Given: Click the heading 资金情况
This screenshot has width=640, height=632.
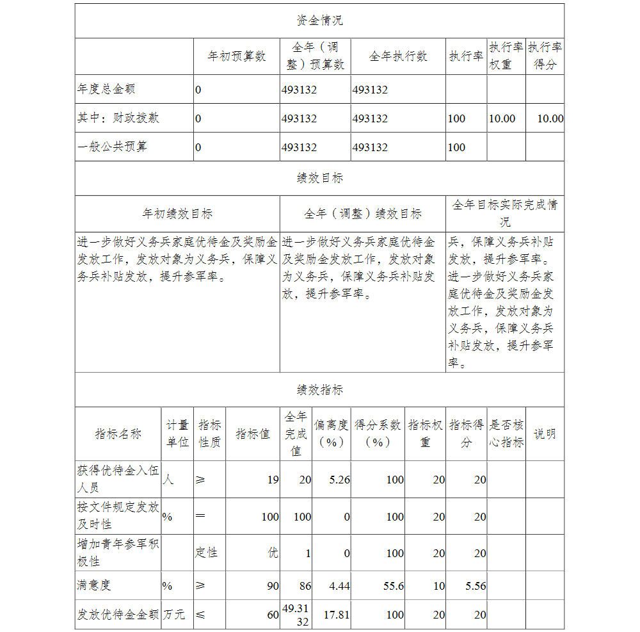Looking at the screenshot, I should tap(319, 20).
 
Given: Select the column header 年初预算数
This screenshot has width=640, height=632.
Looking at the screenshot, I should tap(237, 56).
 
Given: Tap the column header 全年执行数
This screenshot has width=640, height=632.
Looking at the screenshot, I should tap(398, 56).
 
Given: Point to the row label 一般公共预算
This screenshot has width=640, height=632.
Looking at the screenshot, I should tap(112, 147).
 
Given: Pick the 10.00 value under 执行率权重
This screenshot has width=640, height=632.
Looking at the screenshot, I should tap(502, 118).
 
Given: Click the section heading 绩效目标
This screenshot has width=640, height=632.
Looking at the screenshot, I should tap(319, 178).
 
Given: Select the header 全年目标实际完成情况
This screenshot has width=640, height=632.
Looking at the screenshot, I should tap(505, 213).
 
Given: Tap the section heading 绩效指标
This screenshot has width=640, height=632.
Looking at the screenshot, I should tap(319, 389).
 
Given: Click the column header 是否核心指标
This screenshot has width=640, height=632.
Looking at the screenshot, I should tap(506, 433).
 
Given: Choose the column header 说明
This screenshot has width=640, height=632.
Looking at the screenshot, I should tap(545, 433).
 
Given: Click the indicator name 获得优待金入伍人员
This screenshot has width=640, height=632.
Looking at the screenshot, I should tap(118, 479).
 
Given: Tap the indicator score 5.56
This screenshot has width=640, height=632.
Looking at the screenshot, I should tap(476, 586).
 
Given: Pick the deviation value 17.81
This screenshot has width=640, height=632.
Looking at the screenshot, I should tap(337, 615).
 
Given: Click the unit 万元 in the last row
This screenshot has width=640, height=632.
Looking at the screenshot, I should tap(174, 615).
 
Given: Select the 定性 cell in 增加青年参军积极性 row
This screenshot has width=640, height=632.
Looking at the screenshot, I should tap(207, 553).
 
